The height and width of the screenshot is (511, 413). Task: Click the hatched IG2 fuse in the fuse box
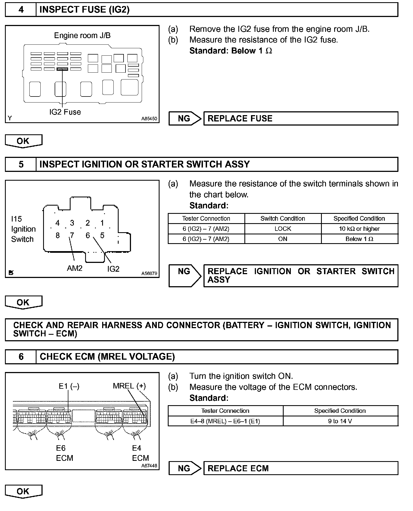tap(62, 69)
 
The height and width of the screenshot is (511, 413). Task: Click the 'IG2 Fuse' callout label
tap(65, 112)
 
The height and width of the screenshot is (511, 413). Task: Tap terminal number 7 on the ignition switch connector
tap(72, 235)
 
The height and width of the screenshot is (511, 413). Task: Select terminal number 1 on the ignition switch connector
tap(102, 223)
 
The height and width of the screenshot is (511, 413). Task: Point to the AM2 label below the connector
tap(75, 268)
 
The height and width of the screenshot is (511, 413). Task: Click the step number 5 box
tap(21, 164)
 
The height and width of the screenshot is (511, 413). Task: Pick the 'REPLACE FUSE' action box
tap(301, 118)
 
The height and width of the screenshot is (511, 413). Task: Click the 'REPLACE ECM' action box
tap(301, 468)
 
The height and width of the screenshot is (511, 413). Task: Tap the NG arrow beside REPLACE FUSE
tap(185, 118)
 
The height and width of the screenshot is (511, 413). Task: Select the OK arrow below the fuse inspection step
tap(23, 141)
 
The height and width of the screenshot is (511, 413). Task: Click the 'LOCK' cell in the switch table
tap(283, 229)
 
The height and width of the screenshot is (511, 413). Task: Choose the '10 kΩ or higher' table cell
tap(359, 229)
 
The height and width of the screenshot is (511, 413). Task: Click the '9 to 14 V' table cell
tap(340, 421)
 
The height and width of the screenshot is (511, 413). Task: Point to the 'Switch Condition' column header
tap(283, 218)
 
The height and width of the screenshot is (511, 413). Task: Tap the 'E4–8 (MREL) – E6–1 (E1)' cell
tap(225, 421)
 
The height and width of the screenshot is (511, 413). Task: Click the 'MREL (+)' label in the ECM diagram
tap(129, 386)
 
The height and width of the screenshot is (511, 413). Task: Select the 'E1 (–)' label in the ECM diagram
tap(69, 386)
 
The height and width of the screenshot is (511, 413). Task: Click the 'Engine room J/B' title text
tap(82, 35)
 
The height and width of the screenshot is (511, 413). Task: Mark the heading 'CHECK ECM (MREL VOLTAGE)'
tap(107, 356)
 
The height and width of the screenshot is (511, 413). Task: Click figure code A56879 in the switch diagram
tap(149, 273)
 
